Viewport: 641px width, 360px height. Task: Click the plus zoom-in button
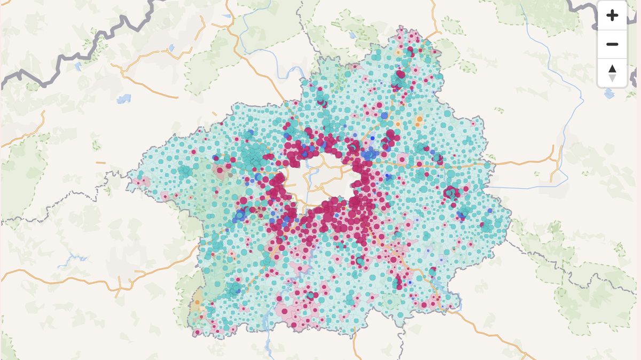coord(612,15)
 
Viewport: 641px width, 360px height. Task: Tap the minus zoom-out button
coord(612,44)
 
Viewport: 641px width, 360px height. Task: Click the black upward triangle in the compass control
coord(612,69)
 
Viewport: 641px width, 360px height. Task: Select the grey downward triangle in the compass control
coord(612,78)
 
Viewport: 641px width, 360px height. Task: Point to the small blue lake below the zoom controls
coord(609,94)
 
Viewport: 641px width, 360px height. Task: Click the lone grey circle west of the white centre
coord(230,174)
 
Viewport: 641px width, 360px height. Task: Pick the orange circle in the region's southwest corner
coord(198,302)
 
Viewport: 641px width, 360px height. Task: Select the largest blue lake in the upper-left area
coord(123,99)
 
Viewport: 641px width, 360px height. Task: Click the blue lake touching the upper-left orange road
coord(171,49)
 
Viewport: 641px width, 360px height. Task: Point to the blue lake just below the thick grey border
coord(78,67)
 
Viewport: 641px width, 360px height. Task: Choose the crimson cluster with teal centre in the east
coord(452,193)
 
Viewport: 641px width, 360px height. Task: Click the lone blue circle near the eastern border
coord(460,215)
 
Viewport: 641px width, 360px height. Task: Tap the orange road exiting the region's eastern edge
coord(523,162)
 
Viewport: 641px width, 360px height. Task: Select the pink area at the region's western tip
coord(140,182)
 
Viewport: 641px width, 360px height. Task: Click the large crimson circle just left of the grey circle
coord(220,170)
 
